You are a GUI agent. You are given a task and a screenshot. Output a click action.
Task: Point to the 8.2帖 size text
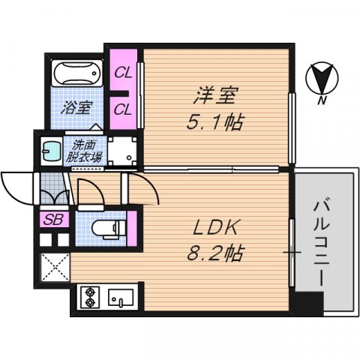tap(215, 253)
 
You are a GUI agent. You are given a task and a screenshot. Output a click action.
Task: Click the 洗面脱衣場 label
tap(84, 151)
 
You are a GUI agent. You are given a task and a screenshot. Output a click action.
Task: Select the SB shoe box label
tap(53, 219)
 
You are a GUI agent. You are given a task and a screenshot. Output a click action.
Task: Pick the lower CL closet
tap(123, 109)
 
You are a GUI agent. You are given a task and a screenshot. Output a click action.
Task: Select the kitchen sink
tap(121, 298)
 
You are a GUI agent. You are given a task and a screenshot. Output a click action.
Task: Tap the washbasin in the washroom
tap(51, 150)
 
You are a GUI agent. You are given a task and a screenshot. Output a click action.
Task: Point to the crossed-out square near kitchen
tap(54, 267)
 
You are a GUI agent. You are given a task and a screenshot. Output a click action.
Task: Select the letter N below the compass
tap(321, 100)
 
